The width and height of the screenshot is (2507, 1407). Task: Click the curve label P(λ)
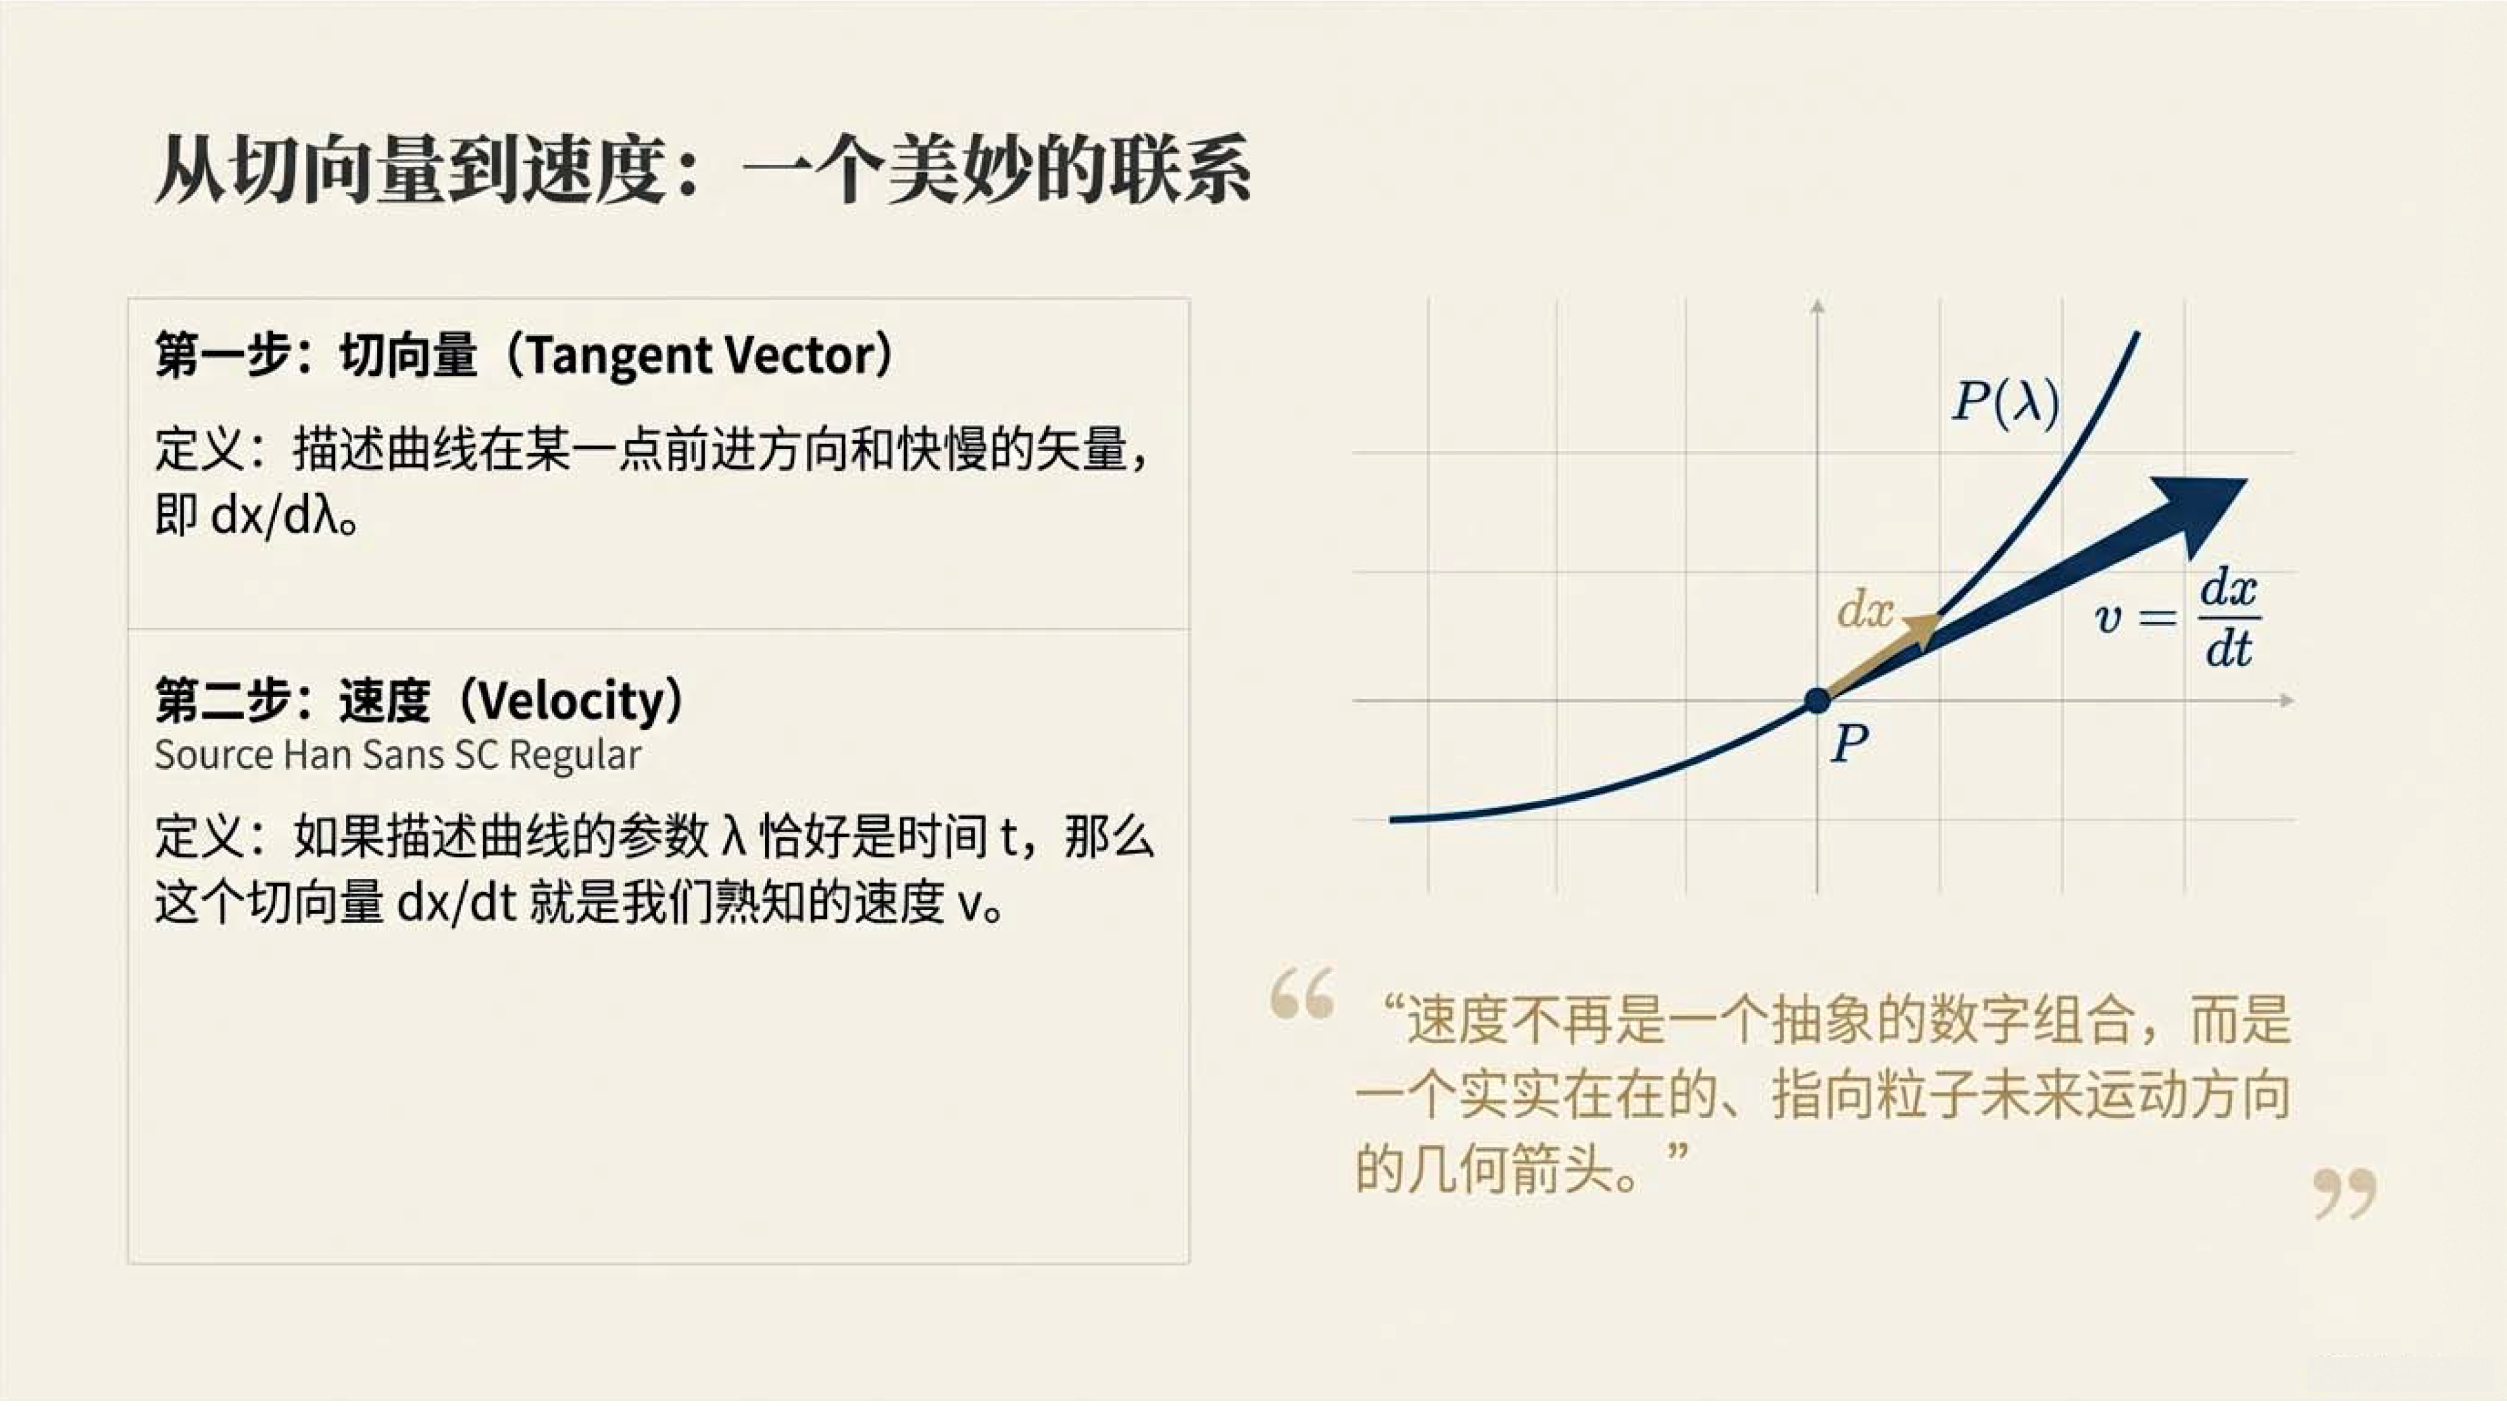point(2006,401)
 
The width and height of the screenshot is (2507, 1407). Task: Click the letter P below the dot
point(1849,745)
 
